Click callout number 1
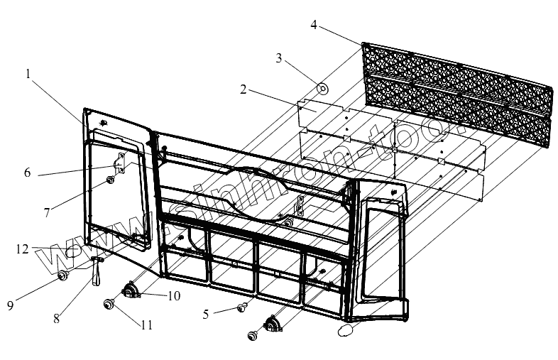(28, 73)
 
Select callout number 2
(244, 89)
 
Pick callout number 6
(27, 173)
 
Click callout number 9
(10, 305)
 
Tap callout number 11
(146, 326)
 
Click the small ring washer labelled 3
(322, 89)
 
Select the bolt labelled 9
(62, 275)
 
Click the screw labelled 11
(109, 305)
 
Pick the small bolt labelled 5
(241, 307)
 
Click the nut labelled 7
(111, 181)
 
